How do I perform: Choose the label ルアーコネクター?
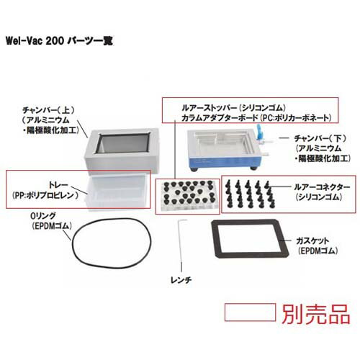pyautogui.click(x=311, y=185)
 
